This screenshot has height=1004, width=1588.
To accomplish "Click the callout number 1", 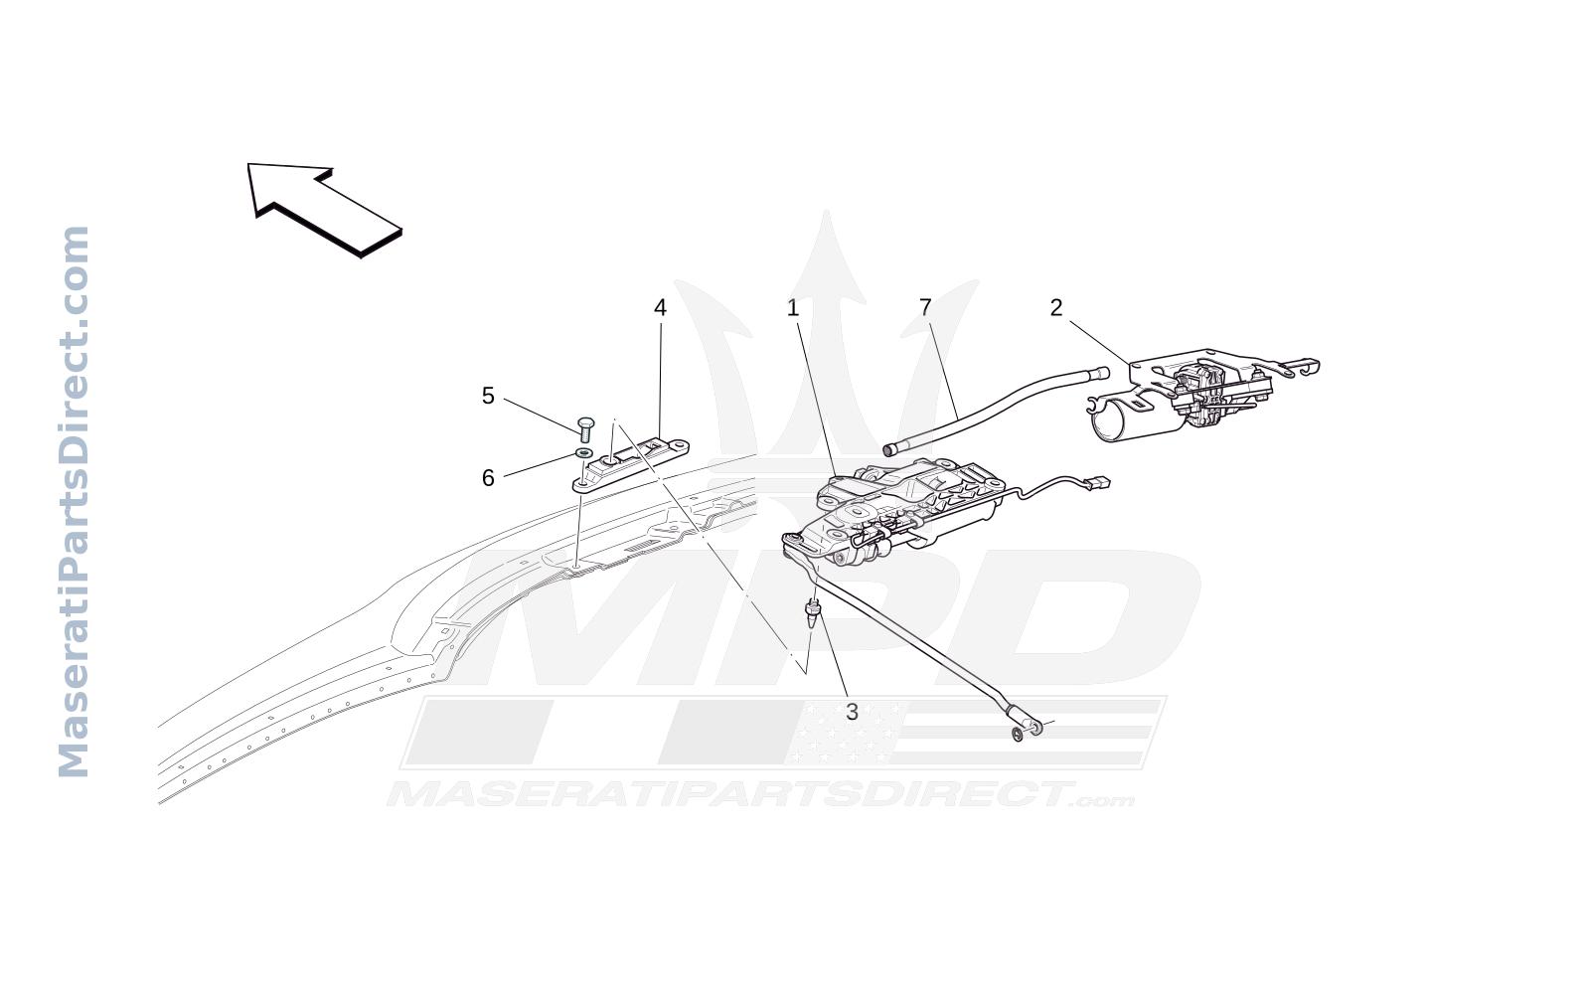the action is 793,308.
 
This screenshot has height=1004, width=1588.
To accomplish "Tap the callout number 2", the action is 1056,308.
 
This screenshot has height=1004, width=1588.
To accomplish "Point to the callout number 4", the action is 660,308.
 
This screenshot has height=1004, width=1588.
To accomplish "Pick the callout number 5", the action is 488,396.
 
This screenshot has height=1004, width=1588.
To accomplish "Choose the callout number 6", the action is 488,478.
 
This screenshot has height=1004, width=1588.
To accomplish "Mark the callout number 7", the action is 925,308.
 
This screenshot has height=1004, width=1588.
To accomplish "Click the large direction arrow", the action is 324,209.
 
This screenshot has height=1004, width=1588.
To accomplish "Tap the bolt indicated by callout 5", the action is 586,429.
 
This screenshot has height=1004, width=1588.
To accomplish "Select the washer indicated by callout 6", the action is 584,453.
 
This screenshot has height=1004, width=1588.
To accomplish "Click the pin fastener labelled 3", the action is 813,612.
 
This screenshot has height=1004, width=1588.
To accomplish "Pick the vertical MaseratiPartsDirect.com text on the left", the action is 74,502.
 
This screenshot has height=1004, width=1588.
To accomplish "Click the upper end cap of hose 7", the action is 1102,373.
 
